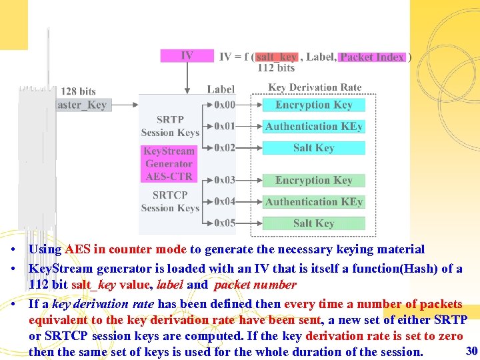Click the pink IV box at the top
(187, 55)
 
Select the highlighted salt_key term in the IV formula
(276, 57)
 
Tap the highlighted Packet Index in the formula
(372, 57)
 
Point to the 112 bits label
(276, 67)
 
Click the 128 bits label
(78, 91)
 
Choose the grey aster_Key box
(82, 105)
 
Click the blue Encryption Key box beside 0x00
(313, 105)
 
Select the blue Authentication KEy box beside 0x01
(313, 126)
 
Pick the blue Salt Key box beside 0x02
(313, 147)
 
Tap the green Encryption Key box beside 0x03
(313, 180)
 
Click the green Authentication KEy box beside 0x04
(313, 201)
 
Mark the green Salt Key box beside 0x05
(313, 223)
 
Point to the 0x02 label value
(225, 147)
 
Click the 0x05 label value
(225, 223)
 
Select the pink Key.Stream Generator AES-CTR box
(169, 163)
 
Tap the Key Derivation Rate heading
(315, 87)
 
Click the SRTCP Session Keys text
(170, 201)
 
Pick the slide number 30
(471, 351)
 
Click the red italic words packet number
(255, 285)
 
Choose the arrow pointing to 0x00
(203, 105)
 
